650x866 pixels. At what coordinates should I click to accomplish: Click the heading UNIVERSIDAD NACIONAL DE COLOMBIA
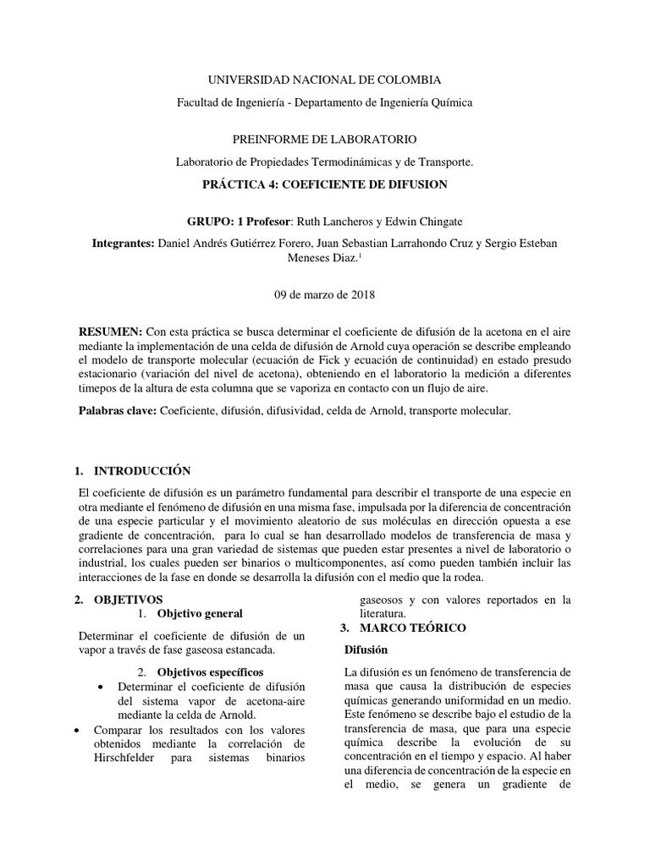[x=325, y=80]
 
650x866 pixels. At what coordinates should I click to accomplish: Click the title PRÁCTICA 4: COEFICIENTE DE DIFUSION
[x=325, y=184]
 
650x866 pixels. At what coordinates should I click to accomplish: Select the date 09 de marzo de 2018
[x=325, y=295]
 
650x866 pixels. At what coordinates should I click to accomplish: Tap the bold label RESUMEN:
[x=110, y=331]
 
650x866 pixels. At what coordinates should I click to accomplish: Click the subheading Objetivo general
[x=200, y=613]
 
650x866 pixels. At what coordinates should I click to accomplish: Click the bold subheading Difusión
[x=365, y=650]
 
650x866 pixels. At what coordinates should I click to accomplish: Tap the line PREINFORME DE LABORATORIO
[x=325, y=139]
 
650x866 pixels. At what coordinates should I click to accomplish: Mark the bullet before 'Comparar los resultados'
[x=79, y=729]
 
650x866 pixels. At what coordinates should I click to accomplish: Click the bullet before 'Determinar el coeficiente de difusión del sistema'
[x=102, y=685]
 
